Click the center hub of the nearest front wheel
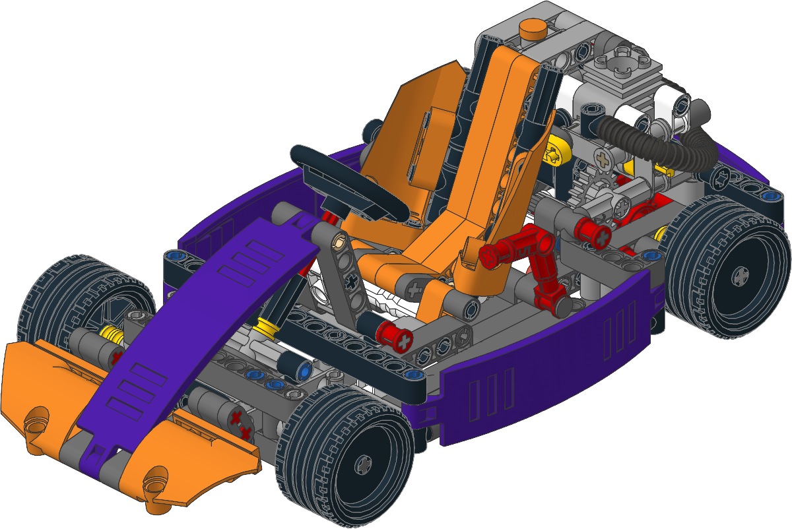coord(364,466)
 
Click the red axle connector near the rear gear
coord(590,231)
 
